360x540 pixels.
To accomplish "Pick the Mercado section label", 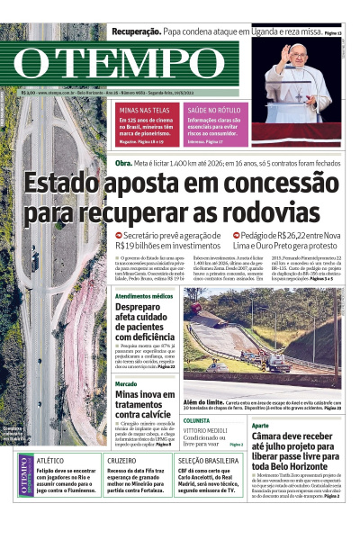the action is (x=126, y=383).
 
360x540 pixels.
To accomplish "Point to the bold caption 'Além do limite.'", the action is (x=204, y=401).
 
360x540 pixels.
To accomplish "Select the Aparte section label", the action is (x=260, y=425).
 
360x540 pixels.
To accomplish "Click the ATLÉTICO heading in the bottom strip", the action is (x=50, y=460).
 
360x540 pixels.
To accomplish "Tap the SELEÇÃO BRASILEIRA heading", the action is (x=209, y=460).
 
